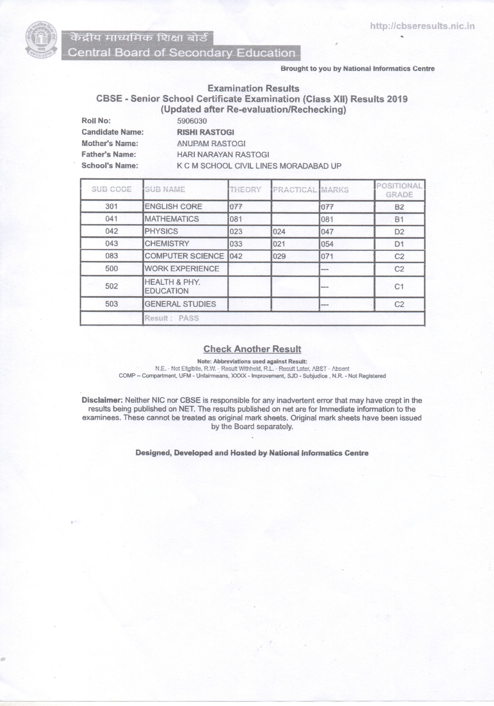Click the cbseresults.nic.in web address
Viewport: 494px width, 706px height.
pyautogui.click(x=422, y=26)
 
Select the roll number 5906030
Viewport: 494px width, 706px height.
pyautogui.click(x=192, y=121)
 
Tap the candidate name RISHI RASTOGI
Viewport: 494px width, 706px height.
pyautogui.click(x=205, y=132)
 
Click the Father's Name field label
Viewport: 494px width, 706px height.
pyautogui.click(x=109, y=154)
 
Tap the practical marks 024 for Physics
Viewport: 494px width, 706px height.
pyautogui.click(x=279, y=232)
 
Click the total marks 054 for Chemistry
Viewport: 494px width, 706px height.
pyautogui.click(x=327, y=244)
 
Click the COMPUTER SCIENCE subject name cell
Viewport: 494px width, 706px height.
pyautogui.click(x=184, y=256)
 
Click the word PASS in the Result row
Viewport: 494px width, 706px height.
pyautogui.click(x=189, y=318)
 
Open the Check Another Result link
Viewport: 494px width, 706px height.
pyautogui.click(x=252, y=349)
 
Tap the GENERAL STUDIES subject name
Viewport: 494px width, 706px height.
pyautogui.click(x=180, y=304)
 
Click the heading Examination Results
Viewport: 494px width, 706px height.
pyautogui.click(x=253, y=89)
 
